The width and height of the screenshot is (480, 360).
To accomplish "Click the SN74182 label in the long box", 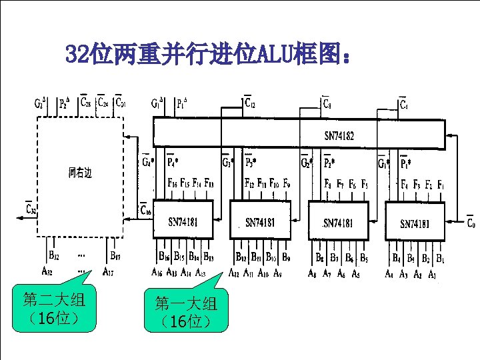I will (339, 136).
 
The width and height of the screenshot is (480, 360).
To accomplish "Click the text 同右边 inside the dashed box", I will (79, 173).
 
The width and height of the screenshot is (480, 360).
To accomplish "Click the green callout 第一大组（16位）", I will (186, 312).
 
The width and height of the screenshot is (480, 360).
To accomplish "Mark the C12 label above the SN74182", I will (250, 103).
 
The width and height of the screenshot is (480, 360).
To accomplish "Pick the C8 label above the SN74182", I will (329, 104).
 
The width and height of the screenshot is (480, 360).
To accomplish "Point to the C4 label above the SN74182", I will (404, 104).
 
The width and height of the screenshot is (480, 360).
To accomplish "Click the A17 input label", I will (107, 271).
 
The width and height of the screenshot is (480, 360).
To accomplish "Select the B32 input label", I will (53, 255).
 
